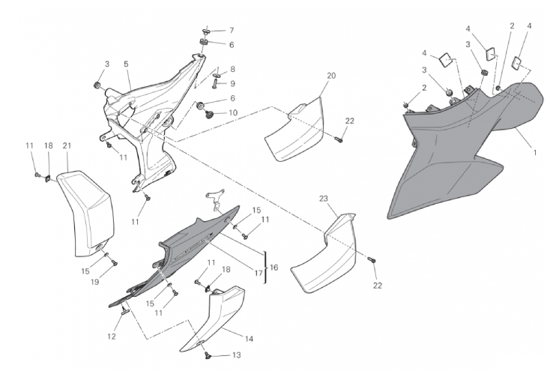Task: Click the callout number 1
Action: pyautogui.click(x=535, y=153)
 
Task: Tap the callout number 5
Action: pyautogui.click(x=126, y=64)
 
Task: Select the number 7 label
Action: pyautogui.click(x=232, y=31)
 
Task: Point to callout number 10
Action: pyautogui.click(x=233, y=113)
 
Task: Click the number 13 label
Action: pyautogui.click(x=236, y=355)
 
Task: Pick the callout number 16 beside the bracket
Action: pyautogui.click(x=274, y=267)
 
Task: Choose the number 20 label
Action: pyautogui.click(x=331, y=76)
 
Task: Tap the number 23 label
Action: pyautogui.click(x=324, y=199)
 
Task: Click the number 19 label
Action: pyautogui.click(x=94, y=282)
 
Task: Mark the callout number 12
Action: pyautogui.click(x=112, y=337)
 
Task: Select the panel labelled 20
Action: pyautogui.click(x=294, y=130)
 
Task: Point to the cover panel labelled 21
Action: pyautogui.click(x=86, y=213)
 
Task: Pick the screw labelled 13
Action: pyautogui.click(x=207, y=355)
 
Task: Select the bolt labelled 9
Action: pyautogui.click(x=216, y=84)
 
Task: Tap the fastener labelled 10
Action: pyautogui.click(x=209, y=114)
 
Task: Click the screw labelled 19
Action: pyautogui.click(x=114, y=262)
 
